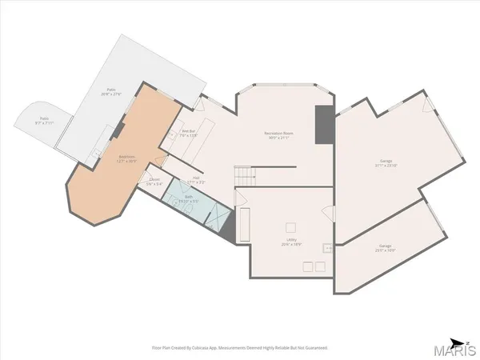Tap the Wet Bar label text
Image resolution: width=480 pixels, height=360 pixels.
[189, 134]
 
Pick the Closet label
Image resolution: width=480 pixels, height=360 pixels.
[154, 182]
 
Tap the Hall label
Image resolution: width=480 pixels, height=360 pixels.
[196, 180]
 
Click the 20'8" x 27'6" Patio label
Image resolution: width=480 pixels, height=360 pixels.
[112, 92]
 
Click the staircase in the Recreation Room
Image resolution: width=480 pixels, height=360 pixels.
[244, 175]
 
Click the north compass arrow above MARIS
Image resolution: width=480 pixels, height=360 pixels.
[456, 338]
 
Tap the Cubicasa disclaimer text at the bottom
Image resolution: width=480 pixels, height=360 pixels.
[240, 348]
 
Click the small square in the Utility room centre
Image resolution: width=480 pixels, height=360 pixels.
[290, 226]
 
